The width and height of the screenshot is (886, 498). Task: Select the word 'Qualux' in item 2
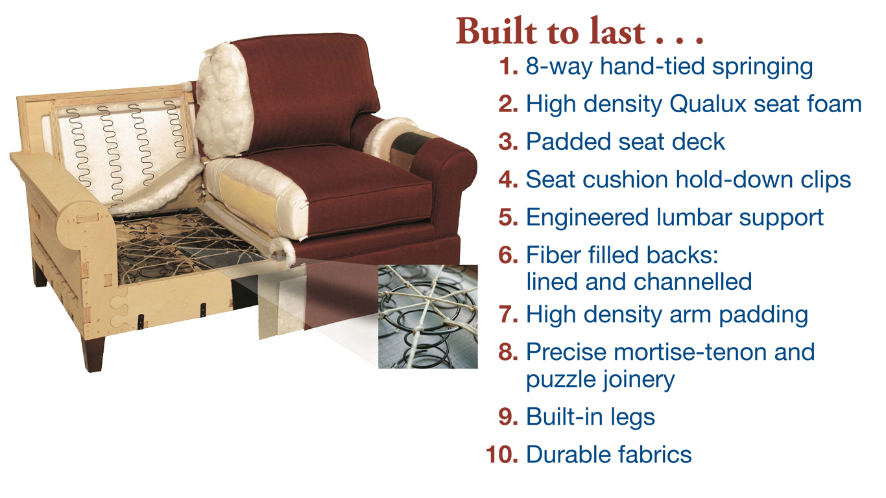(x=708, y=104)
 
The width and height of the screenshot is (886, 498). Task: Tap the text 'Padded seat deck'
(x=625, y=141)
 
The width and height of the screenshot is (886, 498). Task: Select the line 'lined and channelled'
(x=639, y=281)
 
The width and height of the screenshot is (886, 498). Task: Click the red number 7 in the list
(x=509, y=314)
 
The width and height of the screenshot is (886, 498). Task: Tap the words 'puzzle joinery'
(x=600, y=380)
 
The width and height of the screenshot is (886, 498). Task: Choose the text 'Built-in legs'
(x=590, y=417)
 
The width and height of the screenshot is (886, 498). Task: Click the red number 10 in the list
(x=502, y=455)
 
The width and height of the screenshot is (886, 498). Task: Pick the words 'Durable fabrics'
(x=609, y=455)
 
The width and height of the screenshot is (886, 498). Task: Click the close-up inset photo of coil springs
(x=428, y=317)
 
